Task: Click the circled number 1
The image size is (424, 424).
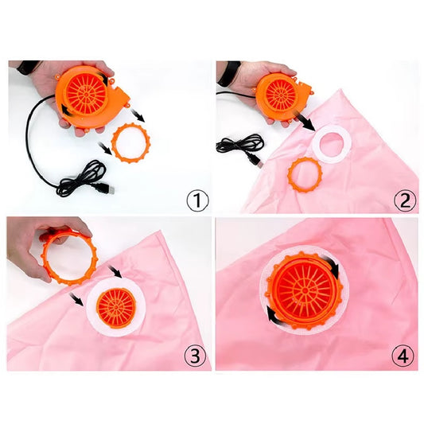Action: pyautogui.click(x=197, y=201)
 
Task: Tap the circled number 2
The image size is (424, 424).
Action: pyautogui.click(x=405, y=200)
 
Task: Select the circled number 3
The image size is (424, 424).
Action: pyautogui.click(x=195, y=356)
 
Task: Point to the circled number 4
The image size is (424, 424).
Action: pyautogui.click(x=403, y=356)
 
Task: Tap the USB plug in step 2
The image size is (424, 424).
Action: pyautogui.click(x=257, y=161)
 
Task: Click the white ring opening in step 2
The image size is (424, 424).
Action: pyautogui.click(x=332, y=145)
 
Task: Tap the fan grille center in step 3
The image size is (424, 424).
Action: pyautogui.click(x=116, y=307)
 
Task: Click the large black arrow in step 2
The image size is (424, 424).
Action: pyautogui.click(x=306, y=122)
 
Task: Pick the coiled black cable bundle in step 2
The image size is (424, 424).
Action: pyautogui.click(x=239, y=145)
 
